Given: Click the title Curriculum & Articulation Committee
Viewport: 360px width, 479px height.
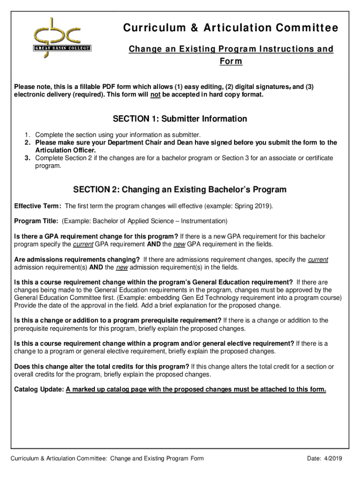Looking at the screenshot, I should pyautogui.click(x=230, y=29).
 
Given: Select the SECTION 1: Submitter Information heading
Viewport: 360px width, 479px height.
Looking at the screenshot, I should pyautogui.click(x=180, y=119).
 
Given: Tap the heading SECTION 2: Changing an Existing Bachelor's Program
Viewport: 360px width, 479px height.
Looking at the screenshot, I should pyautogui.click(x=180, y=189).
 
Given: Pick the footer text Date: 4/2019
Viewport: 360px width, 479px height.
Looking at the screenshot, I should pyautogui.click(x=324, y=458).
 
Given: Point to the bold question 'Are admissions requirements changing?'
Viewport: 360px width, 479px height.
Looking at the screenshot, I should pyautogui.click(x=77, y=260).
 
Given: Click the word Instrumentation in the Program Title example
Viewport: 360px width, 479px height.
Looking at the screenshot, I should pyautogui.click(x=203, y=221).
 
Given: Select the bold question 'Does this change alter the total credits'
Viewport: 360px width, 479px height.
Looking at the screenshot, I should pyautogui.click(x=102, y=366).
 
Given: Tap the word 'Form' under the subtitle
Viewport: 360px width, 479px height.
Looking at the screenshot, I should pyautogui.click(x=230, y=62).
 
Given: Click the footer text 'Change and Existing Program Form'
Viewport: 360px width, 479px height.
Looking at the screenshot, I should pyautogui.click(x=157, y=458).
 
